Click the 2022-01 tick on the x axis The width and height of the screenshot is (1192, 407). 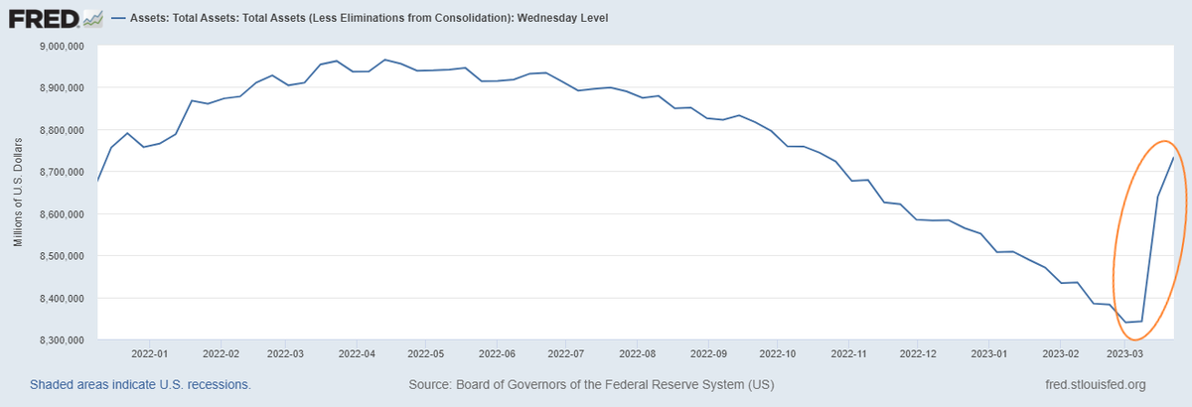point(148,352)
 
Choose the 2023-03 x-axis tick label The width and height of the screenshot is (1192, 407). point(1126,352)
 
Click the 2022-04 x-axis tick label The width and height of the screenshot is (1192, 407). point(357,352)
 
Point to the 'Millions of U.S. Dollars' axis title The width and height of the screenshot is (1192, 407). point(18,194)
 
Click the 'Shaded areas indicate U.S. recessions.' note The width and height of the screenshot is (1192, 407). point(140,384)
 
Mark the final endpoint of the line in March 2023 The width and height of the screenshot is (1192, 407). point(1174,158)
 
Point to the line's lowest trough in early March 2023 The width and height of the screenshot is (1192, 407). point(1125,322)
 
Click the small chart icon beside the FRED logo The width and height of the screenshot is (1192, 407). point(92,18)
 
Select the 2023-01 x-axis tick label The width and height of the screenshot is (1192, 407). point(988,352)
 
